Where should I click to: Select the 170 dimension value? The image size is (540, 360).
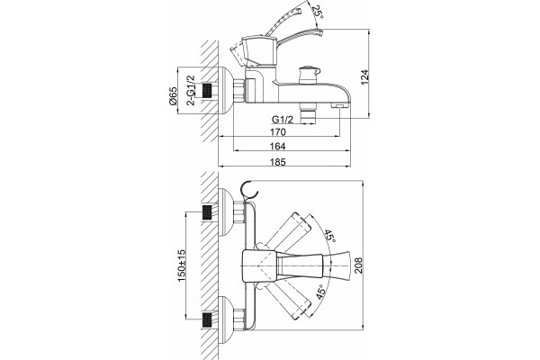tap(278, 132)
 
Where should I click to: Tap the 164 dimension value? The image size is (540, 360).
tap(277, 147)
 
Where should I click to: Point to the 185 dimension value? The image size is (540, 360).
tap(278, 162)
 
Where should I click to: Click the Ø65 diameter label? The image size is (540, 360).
tap(173, 96)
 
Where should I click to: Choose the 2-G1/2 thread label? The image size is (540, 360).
tap(191, 90)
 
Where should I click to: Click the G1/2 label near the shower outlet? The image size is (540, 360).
tap(283, 120)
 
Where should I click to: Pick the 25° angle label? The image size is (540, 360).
tap(317, 13)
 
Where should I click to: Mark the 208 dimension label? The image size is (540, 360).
tap(359, 265)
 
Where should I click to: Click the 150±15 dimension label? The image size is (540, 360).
tap(182, 265)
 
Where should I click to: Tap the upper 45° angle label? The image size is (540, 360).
tap(329, 237)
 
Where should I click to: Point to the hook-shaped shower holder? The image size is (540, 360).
tap(249, 190)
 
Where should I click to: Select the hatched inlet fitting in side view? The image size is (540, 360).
tap(207, 91)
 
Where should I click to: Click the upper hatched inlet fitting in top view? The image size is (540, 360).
tap(207, 213)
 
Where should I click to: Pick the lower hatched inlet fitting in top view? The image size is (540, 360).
tap(207, 319)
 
